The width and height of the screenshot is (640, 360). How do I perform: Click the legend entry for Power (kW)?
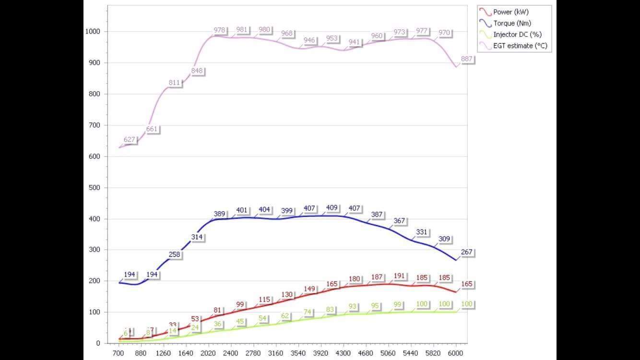(510, 12)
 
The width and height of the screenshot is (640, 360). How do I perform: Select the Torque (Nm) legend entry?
(512, 23)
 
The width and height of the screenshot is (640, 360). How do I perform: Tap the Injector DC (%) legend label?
(518, 35)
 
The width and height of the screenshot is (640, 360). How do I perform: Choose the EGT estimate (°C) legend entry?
(520, 46)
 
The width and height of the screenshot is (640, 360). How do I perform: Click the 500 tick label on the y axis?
(95, 188)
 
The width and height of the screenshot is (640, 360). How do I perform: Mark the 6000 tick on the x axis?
(455, 353)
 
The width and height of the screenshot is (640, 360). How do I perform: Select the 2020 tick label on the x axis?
(208, 353)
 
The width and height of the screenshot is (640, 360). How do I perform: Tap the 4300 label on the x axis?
(343, 353)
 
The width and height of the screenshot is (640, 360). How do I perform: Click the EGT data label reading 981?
(242, 30)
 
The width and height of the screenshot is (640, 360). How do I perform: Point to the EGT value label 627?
(130, 140)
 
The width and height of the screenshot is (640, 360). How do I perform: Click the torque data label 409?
(332, 208)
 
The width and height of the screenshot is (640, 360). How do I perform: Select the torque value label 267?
(467, 252)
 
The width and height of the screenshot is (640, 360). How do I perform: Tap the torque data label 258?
(174, 254)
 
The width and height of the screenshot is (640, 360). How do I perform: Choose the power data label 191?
(399, 276)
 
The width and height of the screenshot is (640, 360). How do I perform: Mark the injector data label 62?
(285, 316)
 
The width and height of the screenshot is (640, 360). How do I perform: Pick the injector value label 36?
(217, 324)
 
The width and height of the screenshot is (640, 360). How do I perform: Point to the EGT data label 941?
(354, 42)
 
